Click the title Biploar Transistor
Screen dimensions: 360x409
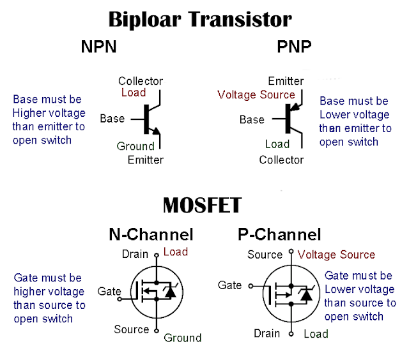200,19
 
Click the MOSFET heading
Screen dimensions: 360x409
202,206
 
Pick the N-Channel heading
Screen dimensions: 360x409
150,234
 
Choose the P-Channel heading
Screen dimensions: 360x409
279,234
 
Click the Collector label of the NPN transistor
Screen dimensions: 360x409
141,81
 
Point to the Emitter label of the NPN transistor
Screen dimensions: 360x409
146,160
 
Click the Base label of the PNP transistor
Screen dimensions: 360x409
252,119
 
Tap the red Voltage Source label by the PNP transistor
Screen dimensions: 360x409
256,94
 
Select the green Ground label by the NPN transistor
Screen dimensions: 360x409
135,146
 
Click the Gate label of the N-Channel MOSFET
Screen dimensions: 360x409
109,292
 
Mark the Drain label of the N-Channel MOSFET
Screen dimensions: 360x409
135,254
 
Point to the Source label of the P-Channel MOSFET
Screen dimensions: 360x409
265,255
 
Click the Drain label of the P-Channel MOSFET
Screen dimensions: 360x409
266,333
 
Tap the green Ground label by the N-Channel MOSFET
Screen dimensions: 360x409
182,338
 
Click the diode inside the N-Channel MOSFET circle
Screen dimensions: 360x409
169,292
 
